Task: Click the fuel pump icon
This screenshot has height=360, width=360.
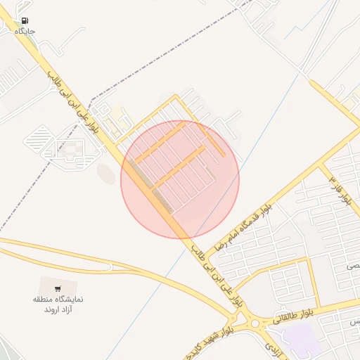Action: pos(25,21)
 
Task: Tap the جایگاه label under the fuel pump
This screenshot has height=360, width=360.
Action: pos(25,32)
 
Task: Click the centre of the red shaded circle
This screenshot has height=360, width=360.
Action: pos(180,179)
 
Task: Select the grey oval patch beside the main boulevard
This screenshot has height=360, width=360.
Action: pos(105,173)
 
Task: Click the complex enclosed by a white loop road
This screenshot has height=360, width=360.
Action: pos(70,150)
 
